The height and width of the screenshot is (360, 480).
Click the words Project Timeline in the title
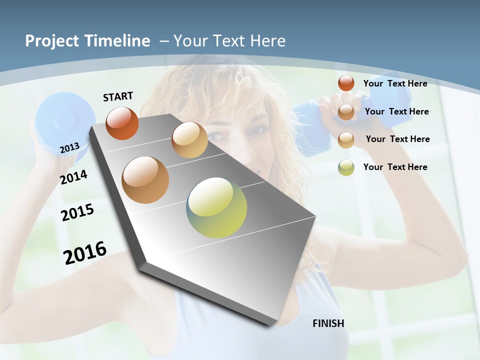[x=87, y=41]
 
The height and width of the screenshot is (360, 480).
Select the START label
[x=118, y=96]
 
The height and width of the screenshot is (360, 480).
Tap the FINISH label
[x=328, y=323]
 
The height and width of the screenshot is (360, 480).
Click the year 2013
[x=69, y=147]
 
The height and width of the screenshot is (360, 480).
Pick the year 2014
[x=73, y=177]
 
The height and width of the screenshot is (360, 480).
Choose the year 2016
[x=85, y=252]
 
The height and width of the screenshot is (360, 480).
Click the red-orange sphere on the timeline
[x=122, y=123]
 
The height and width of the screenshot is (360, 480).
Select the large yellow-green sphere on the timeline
[x=216, y=207]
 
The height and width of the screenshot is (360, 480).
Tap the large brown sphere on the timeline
[x=145, y=180]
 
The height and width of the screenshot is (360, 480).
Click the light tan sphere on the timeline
[x=189, y=140]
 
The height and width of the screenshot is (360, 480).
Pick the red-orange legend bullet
[x=346, y=83]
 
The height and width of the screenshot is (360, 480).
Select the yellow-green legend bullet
[x=346, y=167]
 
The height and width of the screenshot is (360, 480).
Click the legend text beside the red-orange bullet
[x=395, y=83]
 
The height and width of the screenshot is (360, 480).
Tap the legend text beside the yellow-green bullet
[x=395, y=167]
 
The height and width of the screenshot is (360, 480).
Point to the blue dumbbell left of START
[x=64, y=120]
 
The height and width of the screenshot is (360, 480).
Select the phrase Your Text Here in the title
[x=229, y=41]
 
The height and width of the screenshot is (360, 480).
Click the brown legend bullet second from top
[x=346, y=112]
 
